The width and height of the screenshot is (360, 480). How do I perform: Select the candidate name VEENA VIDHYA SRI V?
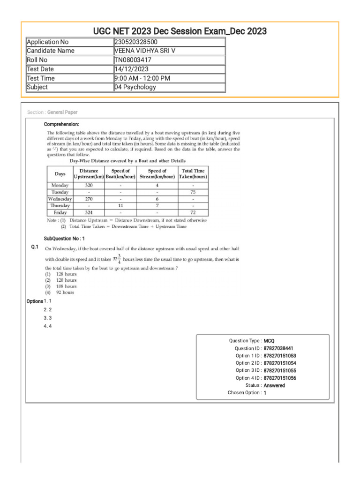click(x=146, y=51)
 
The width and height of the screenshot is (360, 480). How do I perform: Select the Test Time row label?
click(x=41, y=78)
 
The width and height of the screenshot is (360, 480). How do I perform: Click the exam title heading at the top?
click(x=180, y=31)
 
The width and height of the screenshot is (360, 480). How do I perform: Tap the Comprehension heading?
click(x=61, y=124)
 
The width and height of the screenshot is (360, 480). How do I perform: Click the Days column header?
click(x=60, y=174)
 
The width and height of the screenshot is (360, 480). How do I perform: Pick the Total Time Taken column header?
click(x=193, y=174)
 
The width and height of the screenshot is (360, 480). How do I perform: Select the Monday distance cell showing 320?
click(x=89, y=185)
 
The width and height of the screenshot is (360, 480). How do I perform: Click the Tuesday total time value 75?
click(x=193, y=192)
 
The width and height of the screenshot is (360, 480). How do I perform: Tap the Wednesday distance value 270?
click(x=89, y=199)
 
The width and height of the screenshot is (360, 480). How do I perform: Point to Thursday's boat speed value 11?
click(x=120, y=205)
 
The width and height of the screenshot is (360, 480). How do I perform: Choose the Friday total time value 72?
click(x=193, y=212)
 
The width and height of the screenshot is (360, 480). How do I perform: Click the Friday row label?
click(x=60, y=212)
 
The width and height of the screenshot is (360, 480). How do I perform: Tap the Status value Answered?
click(x=274, y=385)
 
